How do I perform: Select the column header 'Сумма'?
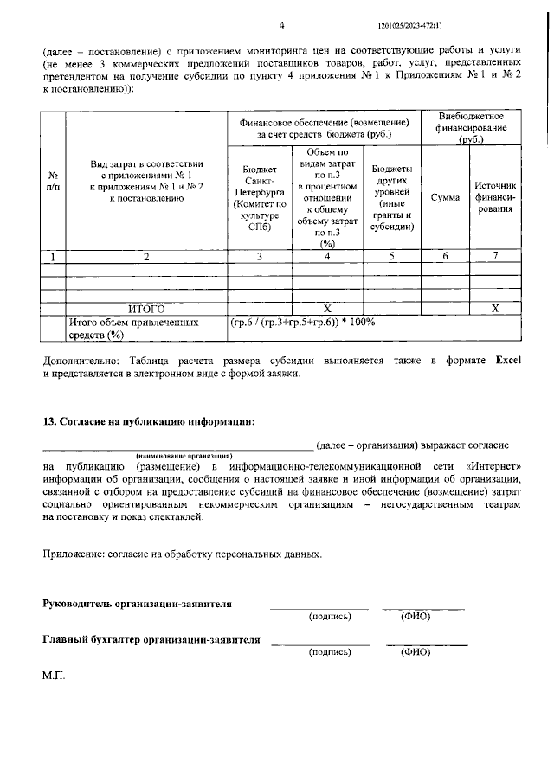[x=445, y=198]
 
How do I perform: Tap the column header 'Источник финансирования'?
[x=494, y=198]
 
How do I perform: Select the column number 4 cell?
[x=327, y=257]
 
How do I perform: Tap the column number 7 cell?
[x=494, y=257]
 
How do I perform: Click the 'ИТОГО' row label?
[x=146, y=308]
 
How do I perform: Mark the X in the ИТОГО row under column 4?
[x=327, y=308]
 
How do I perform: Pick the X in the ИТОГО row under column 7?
[x=494, y=308]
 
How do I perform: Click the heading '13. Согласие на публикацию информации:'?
[x=149, y=421]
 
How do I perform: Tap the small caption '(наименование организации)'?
[x=184, y=455]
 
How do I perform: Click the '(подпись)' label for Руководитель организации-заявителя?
[x=330, y=617]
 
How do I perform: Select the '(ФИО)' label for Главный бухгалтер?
[x=415, y=652]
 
